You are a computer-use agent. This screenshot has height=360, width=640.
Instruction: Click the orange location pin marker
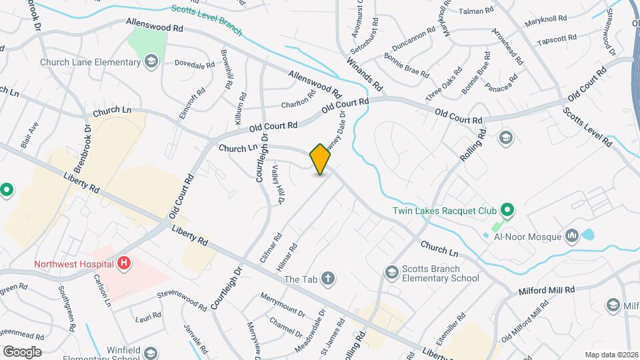(x=321, y=159)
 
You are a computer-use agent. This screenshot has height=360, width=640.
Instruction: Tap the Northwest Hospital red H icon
(x=123, y=264)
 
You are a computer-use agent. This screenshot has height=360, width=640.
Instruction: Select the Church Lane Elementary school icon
(x=151, y=62)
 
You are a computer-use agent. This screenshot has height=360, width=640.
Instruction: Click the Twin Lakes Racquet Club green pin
(x=507, y=211)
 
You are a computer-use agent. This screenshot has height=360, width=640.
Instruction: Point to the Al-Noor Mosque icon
(x=571, y=235)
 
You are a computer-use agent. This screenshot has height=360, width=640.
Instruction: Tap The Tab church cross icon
(x=327, y=279)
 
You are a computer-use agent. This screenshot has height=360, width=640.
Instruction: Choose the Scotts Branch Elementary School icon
(x=391, y=272)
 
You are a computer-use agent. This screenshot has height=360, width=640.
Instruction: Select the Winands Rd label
(x=364, y=74)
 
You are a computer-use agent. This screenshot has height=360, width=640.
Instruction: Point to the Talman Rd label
(x=477, y=11)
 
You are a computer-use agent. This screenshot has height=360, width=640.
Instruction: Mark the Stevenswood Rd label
(x=182, y=299)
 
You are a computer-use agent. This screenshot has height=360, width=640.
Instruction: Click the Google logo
(x=22, y=351)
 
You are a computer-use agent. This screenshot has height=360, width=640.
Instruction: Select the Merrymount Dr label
(x=282, y=305)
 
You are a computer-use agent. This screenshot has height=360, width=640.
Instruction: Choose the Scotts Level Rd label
(x=587, y=126)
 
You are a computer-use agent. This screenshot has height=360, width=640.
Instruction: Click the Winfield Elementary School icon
(x=151, y=353)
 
